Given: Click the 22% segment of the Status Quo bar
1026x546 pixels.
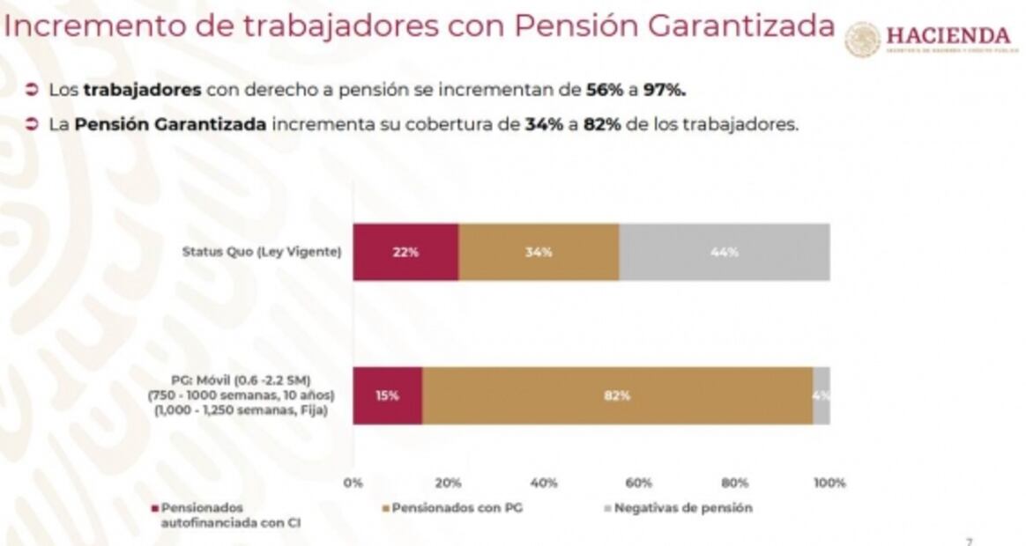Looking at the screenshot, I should pyautogui.click(x=406, y=252).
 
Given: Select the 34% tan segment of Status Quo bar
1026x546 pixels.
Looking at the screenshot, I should pyautogui.click(x=539, y=252).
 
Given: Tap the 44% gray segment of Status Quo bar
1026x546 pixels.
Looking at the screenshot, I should pyautogui.click(x=724, y=252).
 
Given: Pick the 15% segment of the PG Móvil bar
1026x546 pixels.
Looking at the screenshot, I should pyautogui.click(x=388, y=395).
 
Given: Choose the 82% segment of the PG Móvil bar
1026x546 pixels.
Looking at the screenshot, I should pyautogui.click(x=617, y=395).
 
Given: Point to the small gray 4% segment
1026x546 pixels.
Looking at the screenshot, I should pyautogui.click(x=822, y=395).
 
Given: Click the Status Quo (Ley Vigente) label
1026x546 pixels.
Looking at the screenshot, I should pyautogui.click(x=262, y=253).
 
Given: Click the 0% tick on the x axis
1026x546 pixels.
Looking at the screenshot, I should pyautogui.click(x=353, y=483).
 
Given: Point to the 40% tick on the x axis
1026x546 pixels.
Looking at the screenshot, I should pyautogui.click(x=544, y=483).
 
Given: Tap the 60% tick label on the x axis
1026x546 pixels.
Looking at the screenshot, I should pyautogui.click(x=639, y=483).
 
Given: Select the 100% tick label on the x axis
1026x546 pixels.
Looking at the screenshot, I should pyautogui.click(x=829, y=483).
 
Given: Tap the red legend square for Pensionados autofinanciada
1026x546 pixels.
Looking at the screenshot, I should pyautogui.click(x=156, y=508).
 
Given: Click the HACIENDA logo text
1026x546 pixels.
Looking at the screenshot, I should pyautogui.click(x=948, y=36).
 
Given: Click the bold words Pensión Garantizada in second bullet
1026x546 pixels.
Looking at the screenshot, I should pyautogui.click(x=170, y=124).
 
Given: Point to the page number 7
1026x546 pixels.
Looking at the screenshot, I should pyautogui.click(x=970, y=541).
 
